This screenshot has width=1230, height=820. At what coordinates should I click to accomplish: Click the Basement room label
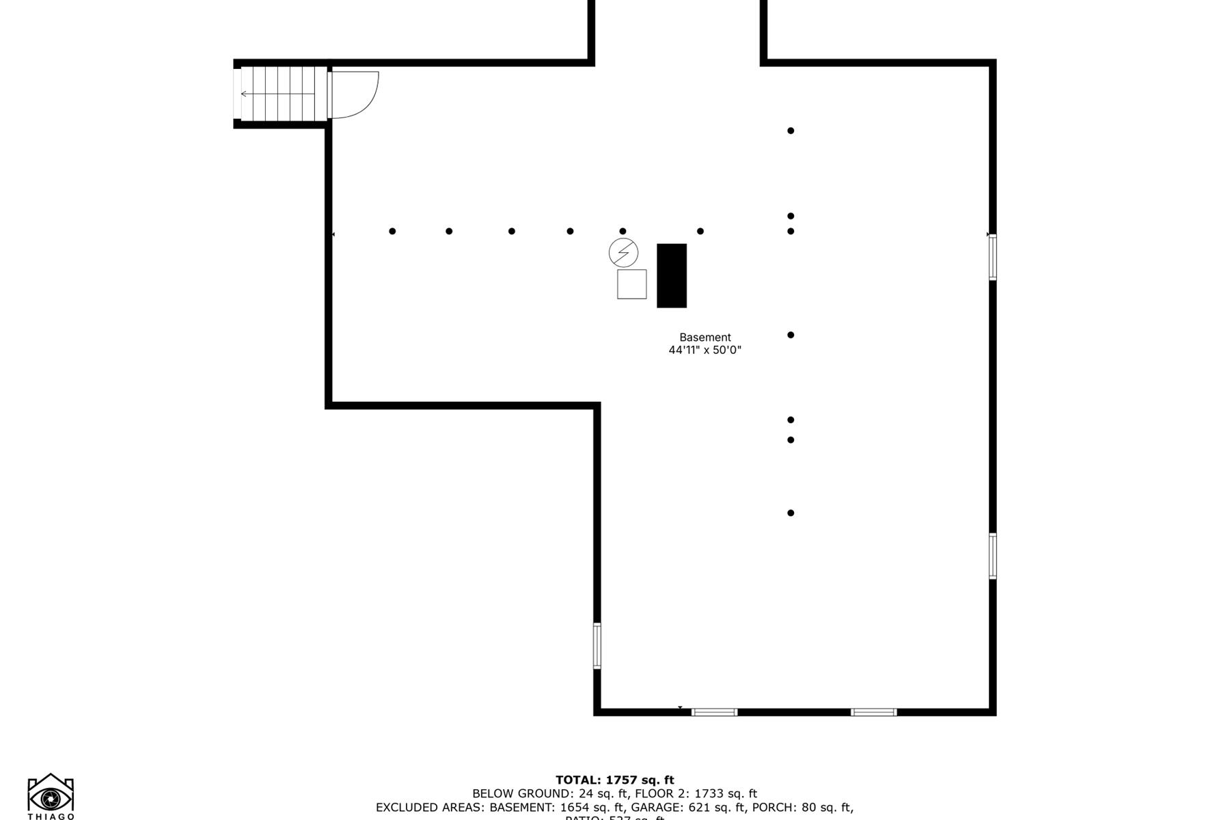click(x=705, y=338)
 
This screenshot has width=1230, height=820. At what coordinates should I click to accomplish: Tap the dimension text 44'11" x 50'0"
click(x=705, y=351)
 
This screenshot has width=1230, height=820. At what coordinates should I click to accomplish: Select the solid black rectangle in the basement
click(x=672, y=276)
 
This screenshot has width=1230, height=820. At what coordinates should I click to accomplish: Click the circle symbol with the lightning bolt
click(x=623, y=253)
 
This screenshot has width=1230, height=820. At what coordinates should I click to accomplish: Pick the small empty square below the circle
click(x=631, y=284)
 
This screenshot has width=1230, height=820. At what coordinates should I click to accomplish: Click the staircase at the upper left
click(x=280, y=94)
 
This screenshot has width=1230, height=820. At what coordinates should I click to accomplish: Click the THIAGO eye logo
click(x=51, y=795)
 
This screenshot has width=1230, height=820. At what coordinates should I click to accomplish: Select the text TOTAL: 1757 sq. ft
click(x=614, y=780)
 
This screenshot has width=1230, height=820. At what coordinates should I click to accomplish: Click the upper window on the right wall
click(x=992, y=257)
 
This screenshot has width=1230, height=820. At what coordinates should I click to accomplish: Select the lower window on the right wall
click(x=992, y=556)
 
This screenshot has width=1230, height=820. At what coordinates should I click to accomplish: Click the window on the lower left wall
click(x=597, y=646)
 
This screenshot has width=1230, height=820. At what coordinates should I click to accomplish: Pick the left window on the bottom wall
click(x=714, y=712)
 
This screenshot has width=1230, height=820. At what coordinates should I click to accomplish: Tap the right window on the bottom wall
click(x=873, y=712)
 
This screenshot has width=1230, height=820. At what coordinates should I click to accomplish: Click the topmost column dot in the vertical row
click(x=791, y=131)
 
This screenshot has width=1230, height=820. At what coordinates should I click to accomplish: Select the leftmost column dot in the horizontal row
click(x=392, y=231)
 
